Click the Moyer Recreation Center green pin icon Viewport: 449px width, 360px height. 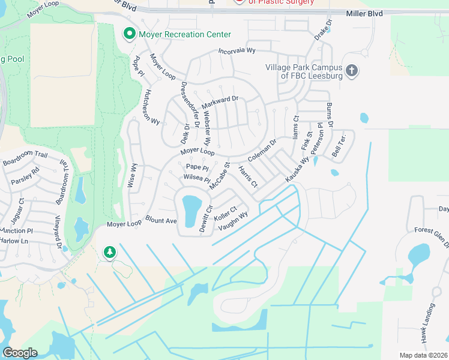point(128,34)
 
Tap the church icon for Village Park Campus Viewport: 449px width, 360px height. point(352,71)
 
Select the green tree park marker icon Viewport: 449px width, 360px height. point(109,251)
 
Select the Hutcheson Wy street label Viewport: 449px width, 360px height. point(150,107)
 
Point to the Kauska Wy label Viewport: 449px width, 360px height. point(297,169)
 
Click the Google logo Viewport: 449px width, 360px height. point(20,352)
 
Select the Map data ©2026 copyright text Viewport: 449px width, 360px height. point(423,355)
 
